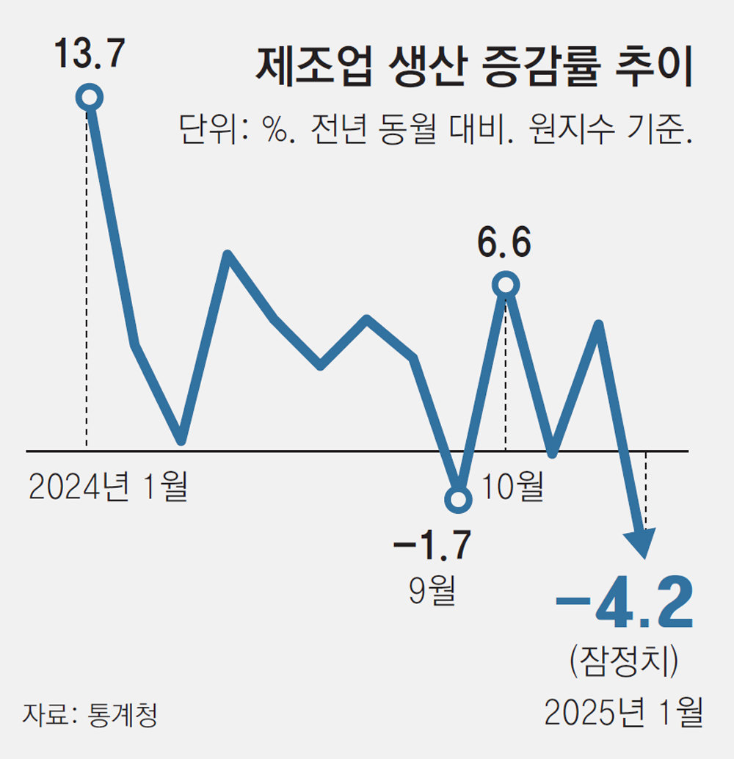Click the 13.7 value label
coord(89,56)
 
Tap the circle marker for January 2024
coord(90,97)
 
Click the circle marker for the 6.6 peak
coord(506,284)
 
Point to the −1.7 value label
coord(432,545)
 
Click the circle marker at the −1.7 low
coord(458,500)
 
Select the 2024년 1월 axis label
coord(108,487)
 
